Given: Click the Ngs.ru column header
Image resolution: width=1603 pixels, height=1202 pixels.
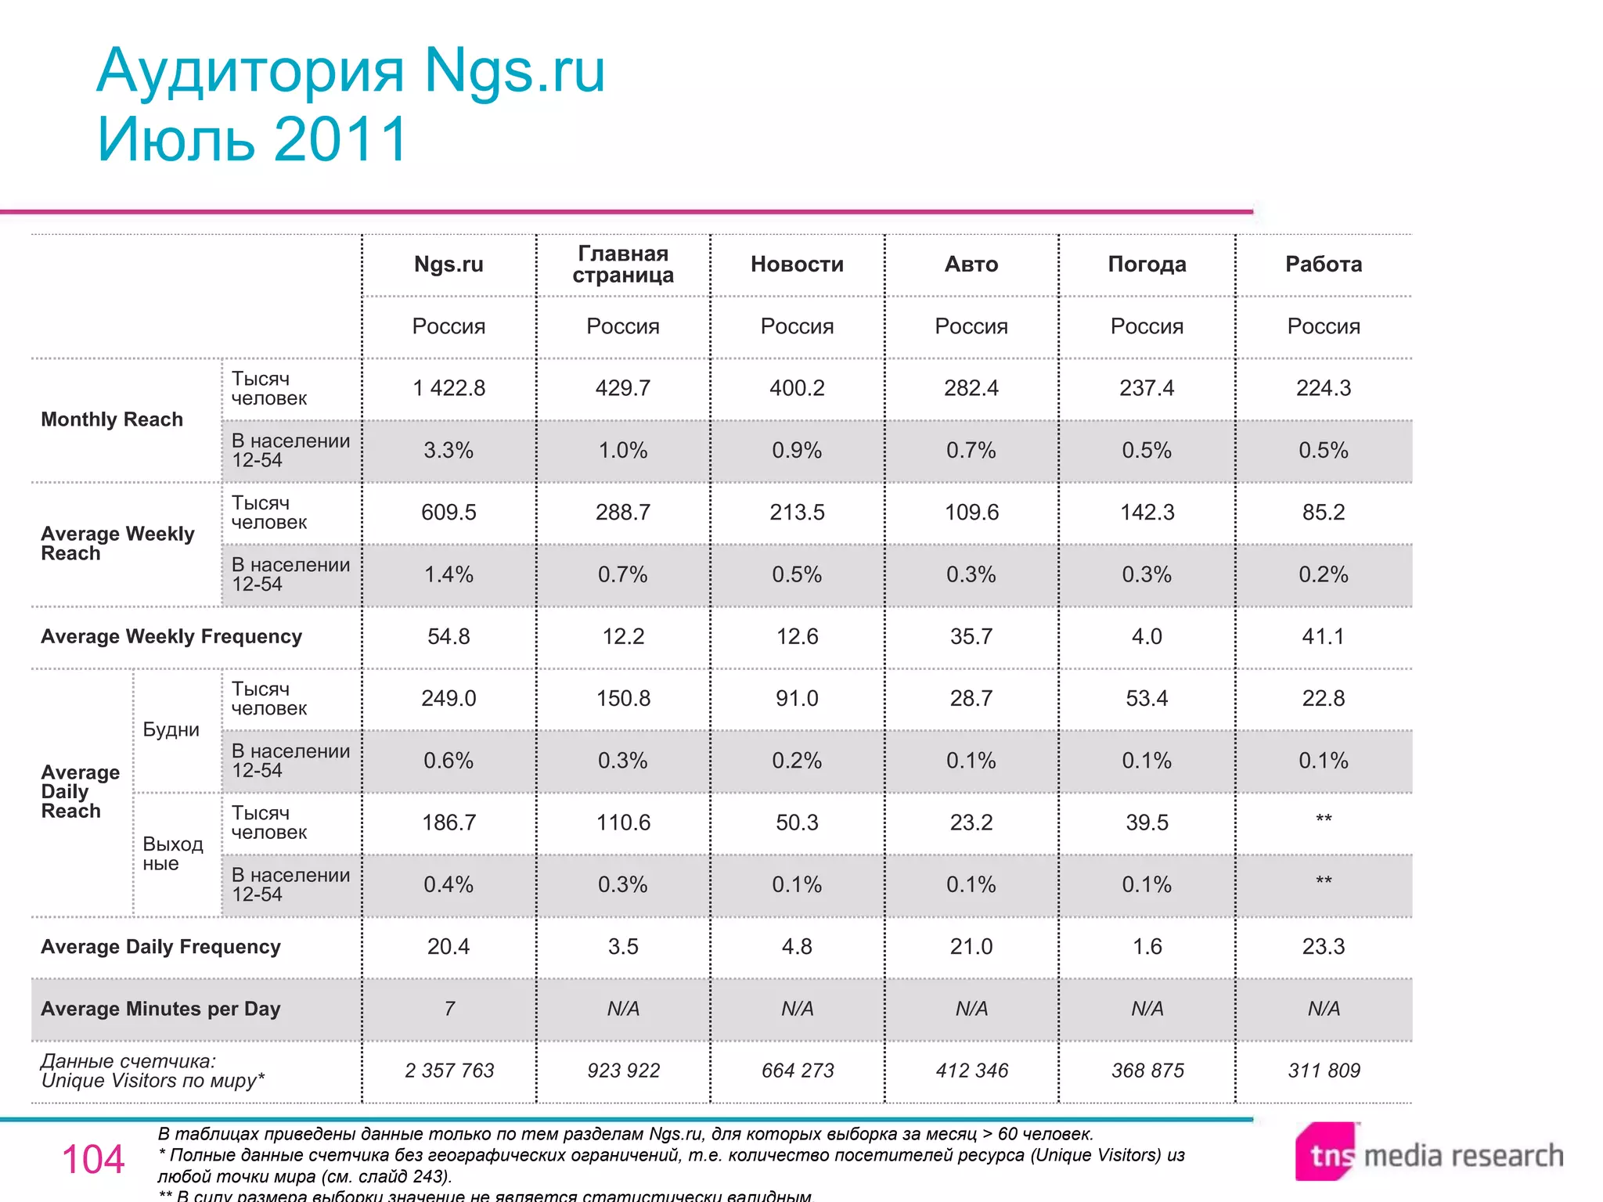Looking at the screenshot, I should pos(448,265).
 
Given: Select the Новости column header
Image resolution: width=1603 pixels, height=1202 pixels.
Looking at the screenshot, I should pos(797,265).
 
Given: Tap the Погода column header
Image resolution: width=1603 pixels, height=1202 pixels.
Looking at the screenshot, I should pos(1147,265).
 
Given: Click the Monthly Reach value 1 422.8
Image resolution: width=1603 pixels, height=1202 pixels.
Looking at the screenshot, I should pos(448,388).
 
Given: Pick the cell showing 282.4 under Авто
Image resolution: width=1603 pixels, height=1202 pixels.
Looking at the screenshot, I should pos(971,388).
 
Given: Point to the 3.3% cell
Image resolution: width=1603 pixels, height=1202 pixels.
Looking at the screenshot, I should pos(448,451).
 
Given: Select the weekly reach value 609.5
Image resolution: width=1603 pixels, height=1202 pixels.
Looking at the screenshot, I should pos(448,513).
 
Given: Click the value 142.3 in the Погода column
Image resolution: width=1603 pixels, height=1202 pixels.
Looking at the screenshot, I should pos(1147,513).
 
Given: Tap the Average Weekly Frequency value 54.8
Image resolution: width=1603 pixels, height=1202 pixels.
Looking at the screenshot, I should pos(448,636).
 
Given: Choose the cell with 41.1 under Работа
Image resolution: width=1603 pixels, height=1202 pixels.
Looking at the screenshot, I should pos(1324,636).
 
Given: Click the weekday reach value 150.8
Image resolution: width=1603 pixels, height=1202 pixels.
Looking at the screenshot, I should pos(623,698).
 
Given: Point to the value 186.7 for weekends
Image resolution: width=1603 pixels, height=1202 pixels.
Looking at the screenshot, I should pos(448,822).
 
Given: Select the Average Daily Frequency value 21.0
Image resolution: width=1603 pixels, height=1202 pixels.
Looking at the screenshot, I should pos(971,947).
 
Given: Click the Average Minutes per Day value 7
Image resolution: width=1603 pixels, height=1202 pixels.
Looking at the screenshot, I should pos(449,1009).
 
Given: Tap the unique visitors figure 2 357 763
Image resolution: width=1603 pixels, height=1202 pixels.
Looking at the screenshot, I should pos(449,1071).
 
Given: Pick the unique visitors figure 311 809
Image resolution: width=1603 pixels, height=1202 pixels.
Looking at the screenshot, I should pos(1324,1071).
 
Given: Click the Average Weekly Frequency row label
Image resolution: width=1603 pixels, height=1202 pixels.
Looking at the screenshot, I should pos(171,637).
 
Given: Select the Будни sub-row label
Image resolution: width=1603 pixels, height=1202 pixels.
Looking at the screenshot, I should pos(171,730).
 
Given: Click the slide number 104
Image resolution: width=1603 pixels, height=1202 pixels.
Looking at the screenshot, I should pos(93,1159).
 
